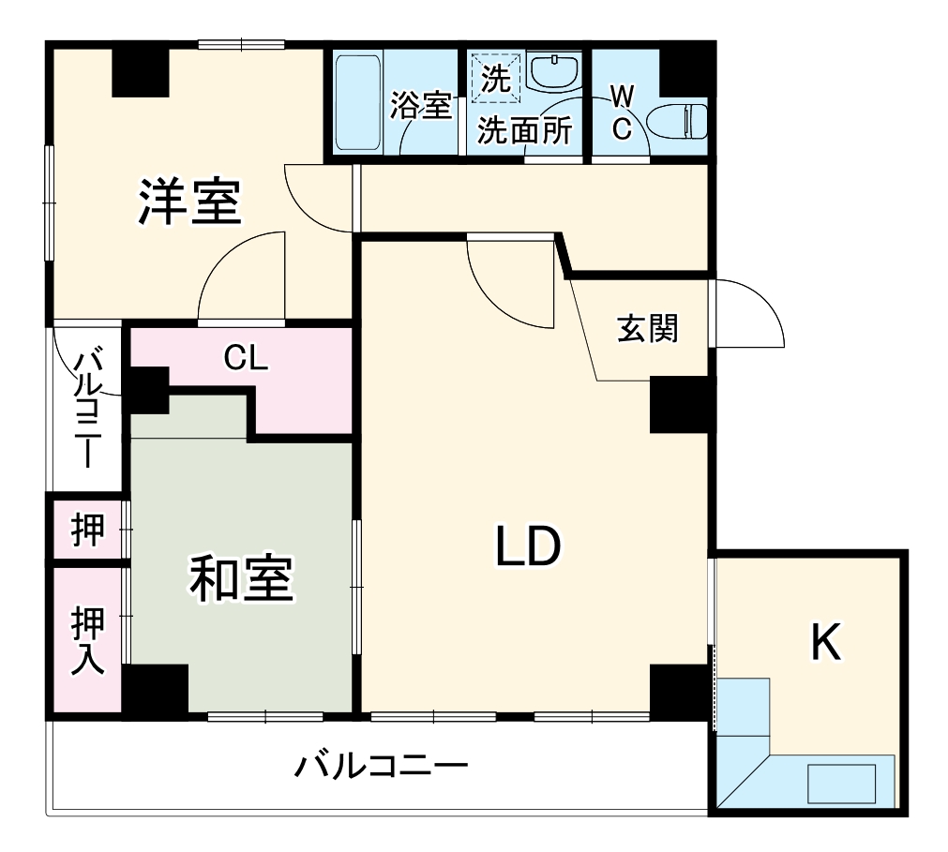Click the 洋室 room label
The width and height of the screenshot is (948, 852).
point(191,201)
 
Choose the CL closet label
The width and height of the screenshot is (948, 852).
point(246,357)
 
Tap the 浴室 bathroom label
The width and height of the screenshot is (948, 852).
point(421,105)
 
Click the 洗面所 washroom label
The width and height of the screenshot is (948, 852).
point(524,130)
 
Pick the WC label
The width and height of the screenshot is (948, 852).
point(622,112)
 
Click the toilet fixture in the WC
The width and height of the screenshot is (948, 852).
point(678,121)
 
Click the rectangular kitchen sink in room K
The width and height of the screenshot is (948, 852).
point(842,783)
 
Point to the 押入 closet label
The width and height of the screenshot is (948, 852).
point(88,638)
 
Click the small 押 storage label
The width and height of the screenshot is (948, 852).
point(88,531)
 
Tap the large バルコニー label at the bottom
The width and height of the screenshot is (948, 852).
point(381,768)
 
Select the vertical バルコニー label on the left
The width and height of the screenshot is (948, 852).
point(89,407)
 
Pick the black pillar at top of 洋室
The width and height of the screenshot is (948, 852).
point(141,72)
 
